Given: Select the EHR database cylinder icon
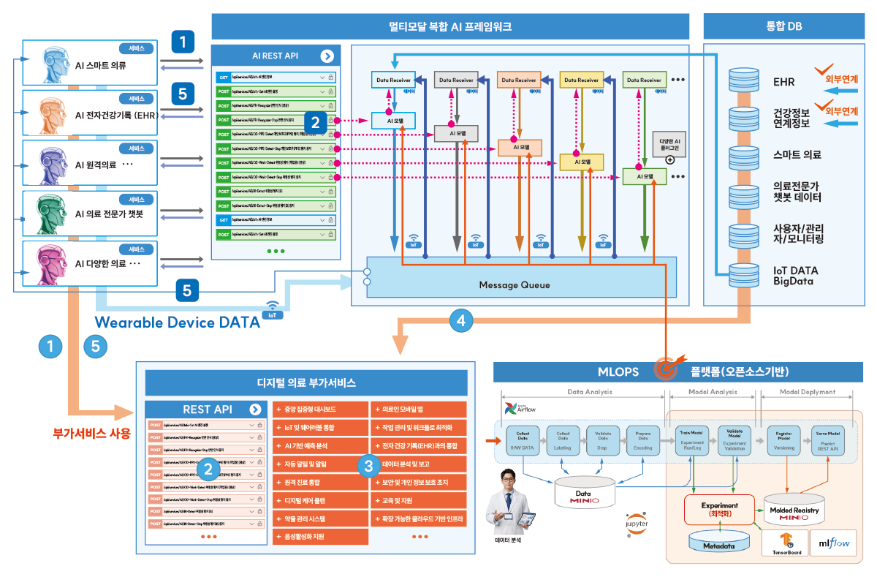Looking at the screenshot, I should coord(744,82).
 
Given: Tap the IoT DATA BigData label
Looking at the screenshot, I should coord(796,276).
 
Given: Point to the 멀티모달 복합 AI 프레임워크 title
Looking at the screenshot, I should coord(450,27).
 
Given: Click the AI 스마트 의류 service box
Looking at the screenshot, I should coord(91,64).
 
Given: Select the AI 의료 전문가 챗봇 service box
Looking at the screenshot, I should coord(91,214).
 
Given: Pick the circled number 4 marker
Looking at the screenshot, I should coord(460,320).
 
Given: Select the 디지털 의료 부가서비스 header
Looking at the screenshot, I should coord(306,382).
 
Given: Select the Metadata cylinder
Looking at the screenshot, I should coord(719,541).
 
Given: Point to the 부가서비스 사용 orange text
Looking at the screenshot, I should coord(92,434).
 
